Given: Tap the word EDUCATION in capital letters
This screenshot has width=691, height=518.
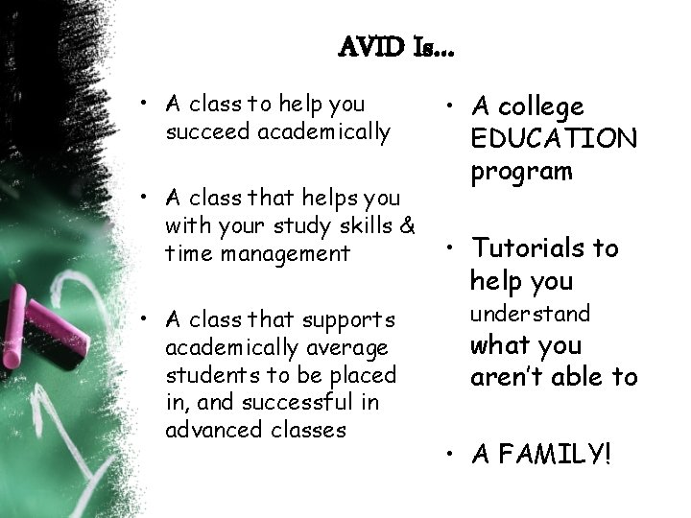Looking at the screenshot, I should coord(554,139).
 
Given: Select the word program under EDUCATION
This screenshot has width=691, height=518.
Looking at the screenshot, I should coord(521,172).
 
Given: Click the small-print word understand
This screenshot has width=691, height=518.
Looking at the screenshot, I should coord(530,314).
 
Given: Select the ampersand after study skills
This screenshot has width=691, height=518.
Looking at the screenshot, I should coord(405,226).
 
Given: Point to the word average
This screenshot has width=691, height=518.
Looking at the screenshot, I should coord(345,345).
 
